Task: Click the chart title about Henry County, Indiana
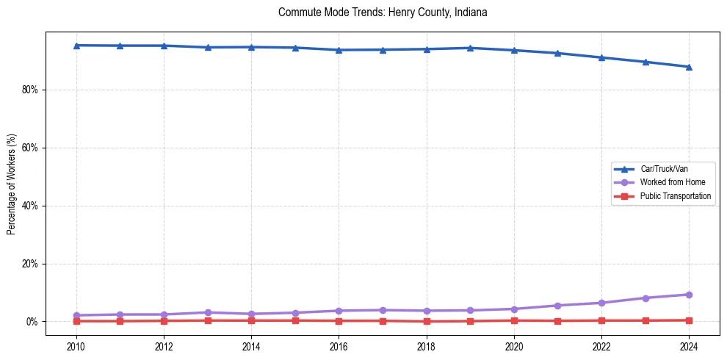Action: pos(383,12)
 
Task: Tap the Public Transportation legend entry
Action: pos(675,196)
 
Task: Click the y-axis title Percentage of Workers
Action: pos(12,184)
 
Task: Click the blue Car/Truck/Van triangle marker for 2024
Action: pos(689,67)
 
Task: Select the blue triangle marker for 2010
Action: pos(76,46)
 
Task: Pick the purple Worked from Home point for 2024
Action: pos(689,295)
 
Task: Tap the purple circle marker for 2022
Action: pos(601,303)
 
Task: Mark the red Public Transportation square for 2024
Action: pos(689,320)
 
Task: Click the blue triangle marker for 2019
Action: pos(470,48)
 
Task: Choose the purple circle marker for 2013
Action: pos(208,312)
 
